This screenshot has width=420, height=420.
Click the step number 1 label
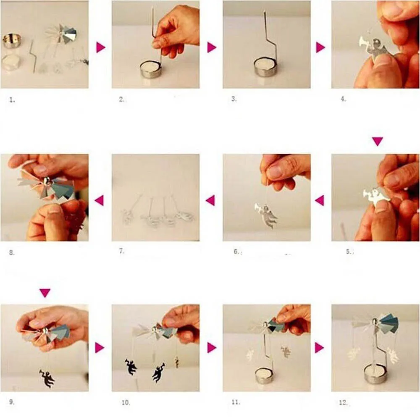(12, 100)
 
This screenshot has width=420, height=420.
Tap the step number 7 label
(122, 251)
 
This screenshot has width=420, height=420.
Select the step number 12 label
(343, 402)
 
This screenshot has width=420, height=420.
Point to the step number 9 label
(12, 402)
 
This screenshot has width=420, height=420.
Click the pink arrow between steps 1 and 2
(101, 47)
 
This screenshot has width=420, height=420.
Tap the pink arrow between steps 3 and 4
(320, 47)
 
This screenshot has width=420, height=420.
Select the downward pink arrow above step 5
(378, 141)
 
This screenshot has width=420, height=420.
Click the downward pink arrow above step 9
(45, 293)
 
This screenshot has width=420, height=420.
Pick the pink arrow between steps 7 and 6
(210, 200)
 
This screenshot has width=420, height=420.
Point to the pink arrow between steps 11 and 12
(319, 348)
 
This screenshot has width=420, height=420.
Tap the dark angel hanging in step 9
(47, 378)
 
